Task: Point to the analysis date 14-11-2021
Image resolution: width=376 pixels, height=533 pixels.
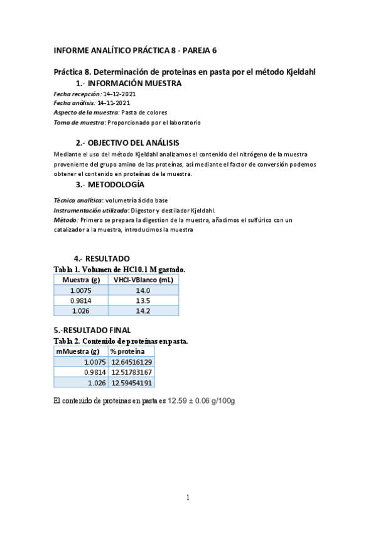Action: point(114,102)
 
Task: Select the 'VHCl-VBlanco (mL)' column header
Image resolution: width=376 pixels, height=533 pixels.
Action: point(143,280)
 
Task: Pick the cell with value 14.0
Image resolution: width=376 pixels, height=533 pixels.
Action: point(143,290)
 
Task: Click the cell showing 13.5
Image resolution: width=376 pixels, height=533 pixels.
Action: point(143,300)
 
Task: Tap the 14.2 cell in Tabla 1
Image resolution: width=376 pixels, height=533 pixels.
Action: point(143,310)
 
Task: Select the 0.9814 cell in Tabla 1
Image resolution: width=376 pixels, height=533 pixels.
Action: point(81,300)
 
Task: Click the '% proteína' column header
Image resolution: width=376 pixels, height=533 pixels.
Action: point(127,351)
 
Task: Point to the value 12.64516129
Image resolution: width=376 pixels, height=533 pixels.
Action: point(132,362)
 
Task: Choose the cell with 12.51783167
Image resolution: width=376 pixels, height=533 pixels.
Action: point(132,372)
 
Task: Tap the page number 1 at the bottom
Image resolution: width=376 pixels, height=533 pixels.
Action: point(188,498)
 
